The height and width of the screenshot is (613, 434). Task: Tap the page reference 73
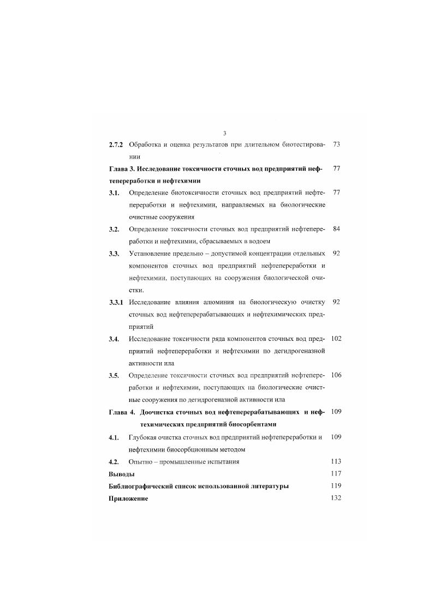tap(336, 145)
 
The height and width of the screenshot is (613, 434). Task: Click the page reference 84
tap(336, 229)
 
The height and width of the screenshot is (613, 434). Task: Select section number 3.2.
tap(114, 229)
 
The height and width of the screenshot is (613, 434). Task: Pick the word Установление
tap(152, 254)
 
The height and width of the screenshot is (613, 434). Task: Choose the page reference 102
tap(336, 338)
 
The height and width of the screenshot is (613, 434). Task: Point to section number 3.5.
tap(114, 375)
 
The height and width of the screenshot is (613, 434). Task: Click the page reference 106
tap(336, 375)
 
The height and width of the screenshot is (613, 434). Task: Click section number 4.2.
tap(114, 462)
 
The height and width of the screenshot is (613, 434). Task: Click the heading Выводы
tap(122, 474)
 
